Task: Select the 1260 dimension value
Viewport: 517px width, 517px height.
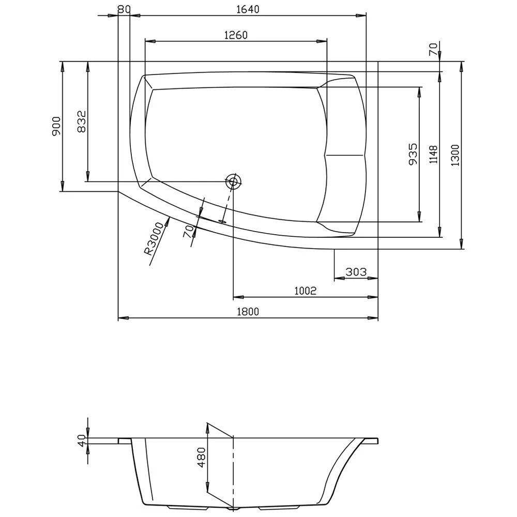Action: [x=236, y=35]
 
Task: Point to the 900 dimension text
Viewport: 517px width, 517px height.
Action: [x=56, y=126]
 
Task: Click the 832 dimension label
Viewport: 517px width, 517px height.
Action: [x=82, y=122]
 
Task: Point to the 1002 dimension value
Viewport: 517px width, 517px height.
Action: [x=305, y=291]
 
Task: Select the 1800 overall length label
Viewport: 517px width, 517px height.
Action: [x=248, y=311]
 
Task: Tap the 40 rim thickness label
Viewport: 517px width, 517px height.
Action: [x=81, y=440]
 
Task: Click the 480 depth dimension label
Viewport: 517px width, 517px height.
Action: [x=201, y=457]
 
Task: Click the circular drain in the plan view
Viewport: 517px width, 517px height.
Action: [x=233, y=181]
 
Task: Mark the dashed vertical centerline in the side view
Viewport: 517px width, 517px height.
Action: [x=234, y=476]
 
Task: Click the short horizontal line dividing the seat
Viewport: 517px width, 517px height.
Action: [x=345, y=155]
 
